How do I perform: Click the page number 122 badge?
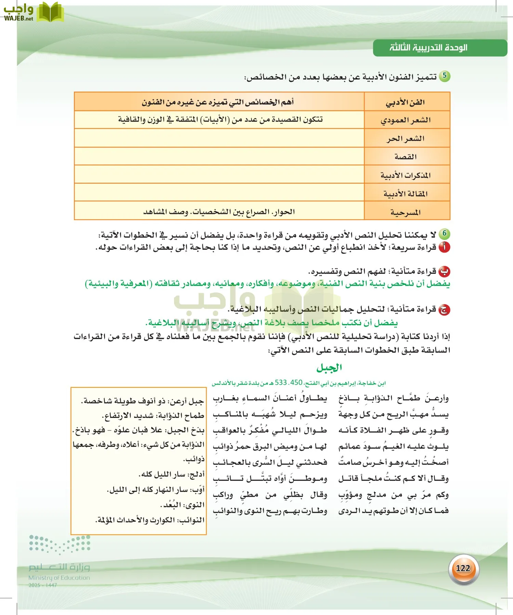463,568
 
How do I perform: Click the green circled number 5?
445,76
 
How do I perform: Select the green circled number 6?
445,234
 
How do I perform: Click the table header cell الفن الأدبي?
407,102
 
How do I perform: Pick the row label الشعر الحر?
406,138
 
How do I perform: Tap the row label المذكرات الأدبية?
406,175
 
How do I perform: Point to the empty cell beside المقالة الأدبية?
219,192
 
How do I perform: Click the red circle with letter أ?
445,247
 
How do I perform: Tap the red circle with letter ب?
445,272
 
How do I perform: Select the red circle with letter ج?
445,310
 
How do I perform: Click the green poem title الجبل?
329,368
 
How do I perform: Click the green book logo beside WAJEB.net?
50,12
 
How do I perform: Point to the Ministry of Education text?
59,578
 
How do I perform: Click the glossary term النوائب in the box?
193,520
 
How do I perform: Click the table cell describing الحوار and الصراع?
219,212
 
